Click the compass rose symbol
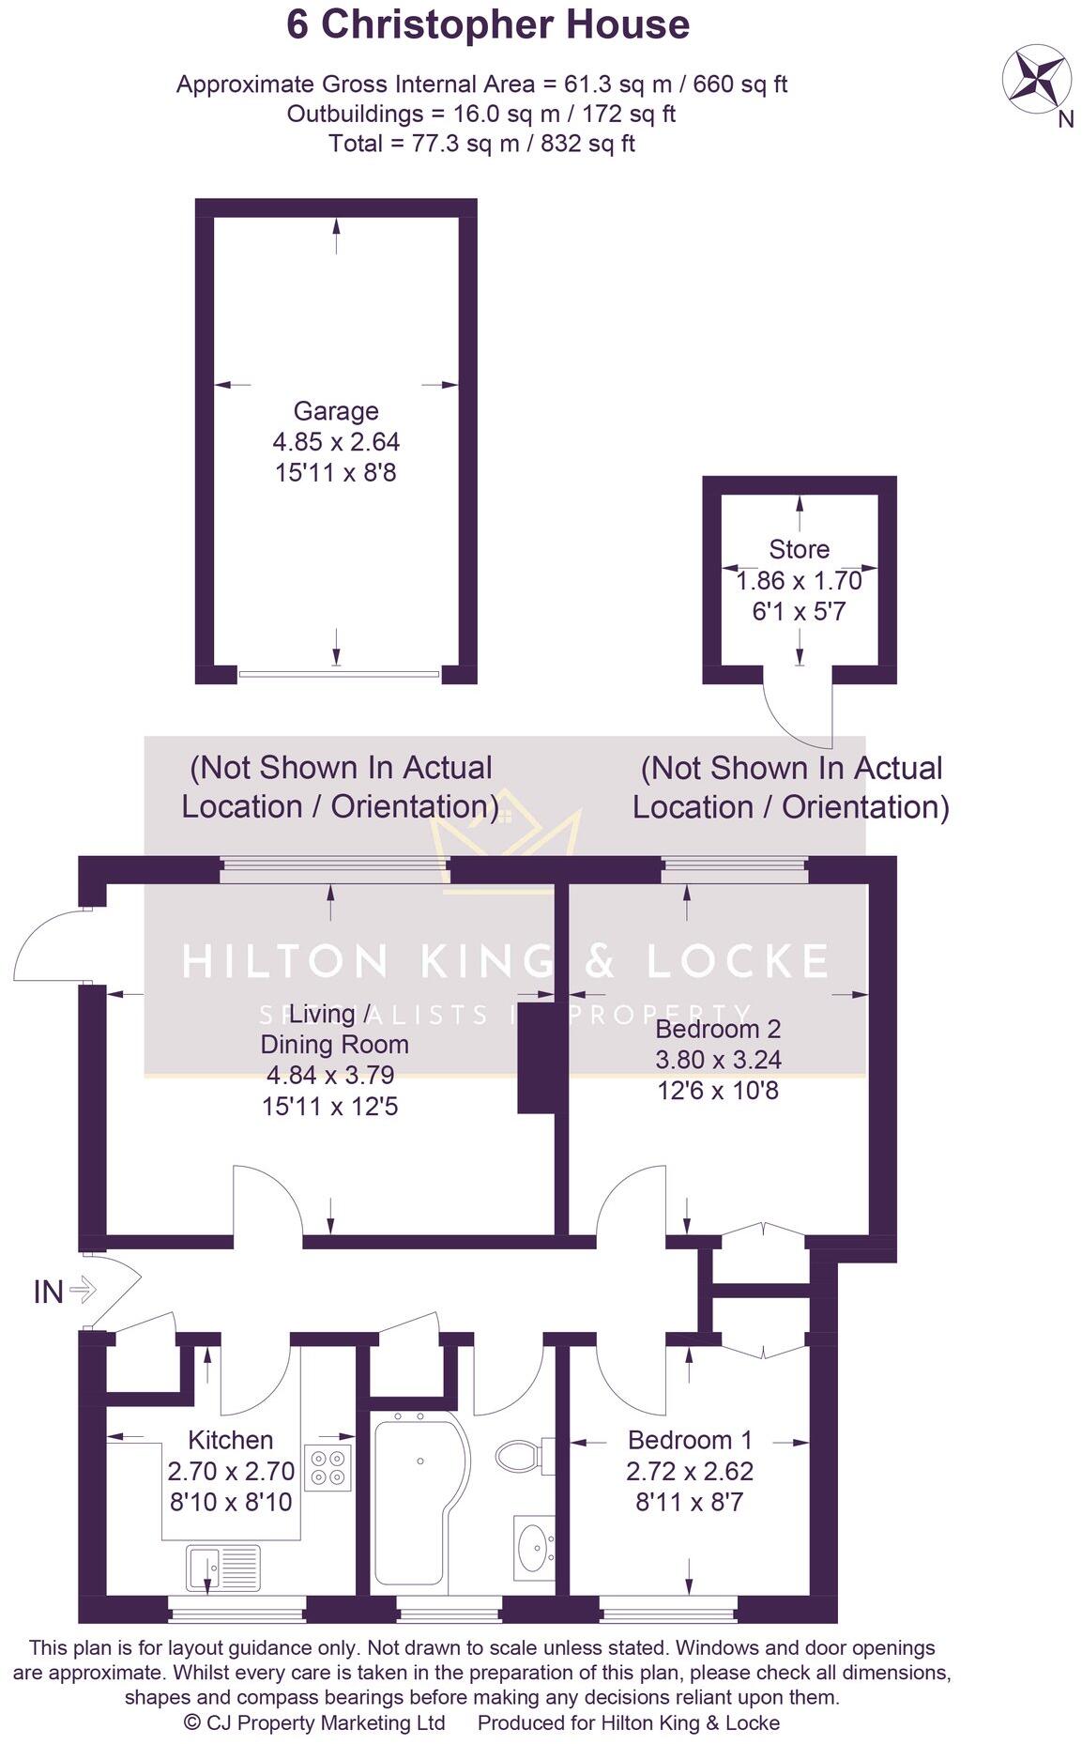click(1037, 80)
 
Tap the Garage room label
click(336, 411)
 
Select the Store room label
click(799, 549)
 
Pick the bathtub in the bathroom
click(413, 1502)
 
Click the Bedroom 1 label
click(690, 1440)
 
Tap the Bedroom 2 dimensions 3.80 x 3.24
click(718, 1060)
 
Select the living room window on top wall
click(335, 872)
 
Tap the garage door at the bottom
click(338, 674)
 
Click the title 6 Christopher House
click(488, 25)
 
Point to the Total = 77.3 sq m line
click(481, 144)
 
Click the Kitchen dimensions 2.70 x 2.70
click(231, 1471)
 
